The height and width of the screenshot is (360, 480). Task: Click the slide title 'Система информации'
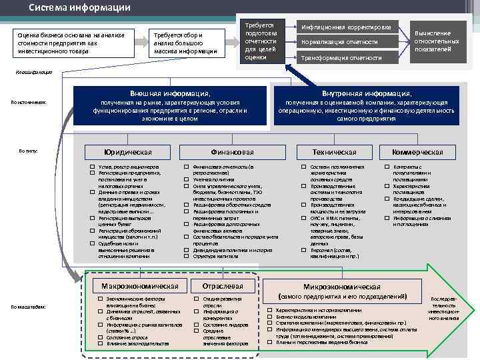pos(79,7)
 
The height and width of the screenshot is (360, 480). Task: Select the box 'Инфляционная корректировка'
pos(346,27)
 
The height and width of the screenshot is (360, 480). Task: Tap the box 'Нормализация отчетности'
pos(346,41)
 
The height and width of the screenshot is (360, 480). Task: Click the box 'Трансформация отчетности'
pos(346,58)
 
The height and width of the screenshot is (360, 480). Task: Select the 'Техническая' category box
pos(334,152)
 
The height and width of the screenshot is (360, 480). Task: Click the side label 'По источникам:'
pos(28,102)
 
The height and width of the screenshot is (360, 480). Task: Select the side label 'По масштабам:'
pos(28,306)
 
